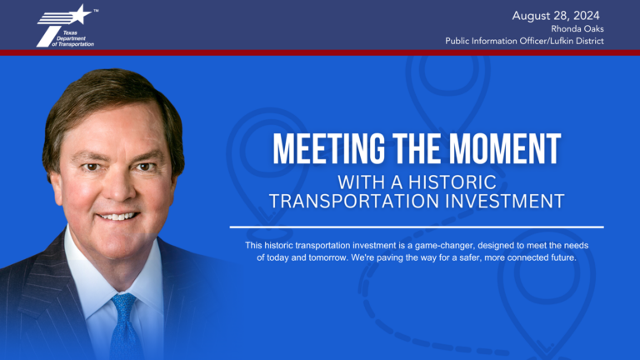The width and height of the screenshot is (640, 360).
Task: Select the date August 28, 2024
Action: click(x=556, y=15)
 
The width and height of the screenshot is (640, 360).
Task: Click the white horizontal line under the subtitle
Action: click(x=417, y=226)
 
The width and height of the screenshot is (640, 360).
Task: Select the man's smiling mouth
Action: click(x=117, y=216)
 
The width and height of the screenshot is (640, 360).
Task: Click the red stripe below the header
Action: click(x=320, y=52)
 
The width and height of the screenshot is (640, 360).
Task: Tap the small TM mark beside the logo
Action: click(x=96, y=12)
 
